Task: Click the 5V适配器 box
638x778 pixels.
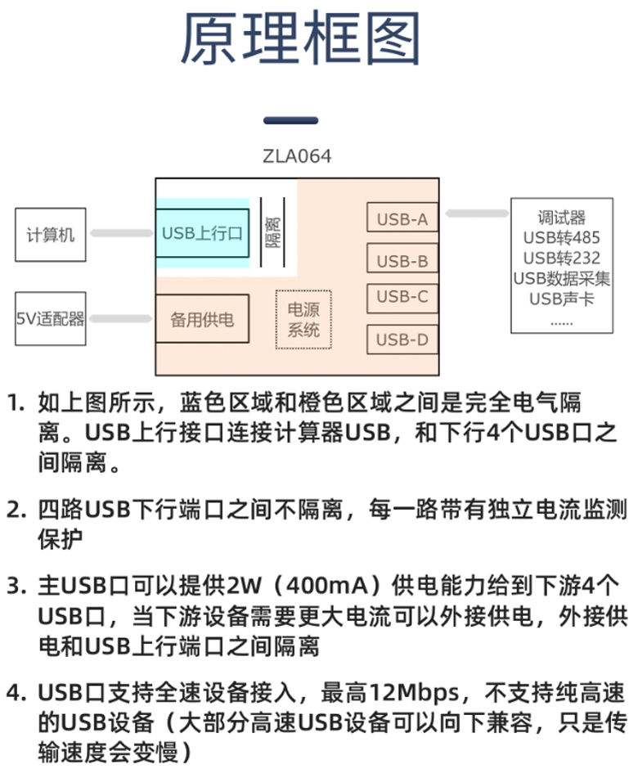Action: [50, 318]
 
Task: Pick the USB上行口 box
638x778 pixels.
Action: [203, 233]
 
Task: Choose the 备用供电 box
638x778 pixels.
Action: [202, 319]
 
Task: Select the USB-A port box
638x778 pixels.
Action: [402, 219]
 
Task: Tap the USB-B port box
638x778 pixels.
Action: [402, 261]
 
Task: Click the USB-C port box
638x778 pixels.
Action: [402, 297]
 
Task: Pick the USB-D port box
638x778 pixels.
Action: [402, 339]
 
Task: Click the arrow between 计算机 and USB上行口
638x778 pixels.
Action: [121, 234]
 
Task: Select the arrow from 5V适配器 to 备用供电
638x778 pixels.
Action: [121, 318]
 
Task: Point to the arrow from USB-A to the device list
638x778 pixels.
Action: [475, 214]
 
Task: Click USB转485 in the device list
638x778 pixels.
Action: [561, 238]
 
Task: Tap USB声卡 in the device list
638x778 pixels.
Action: [561, 299]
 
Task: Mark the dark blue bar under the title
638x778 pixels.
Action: [290, 120]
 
